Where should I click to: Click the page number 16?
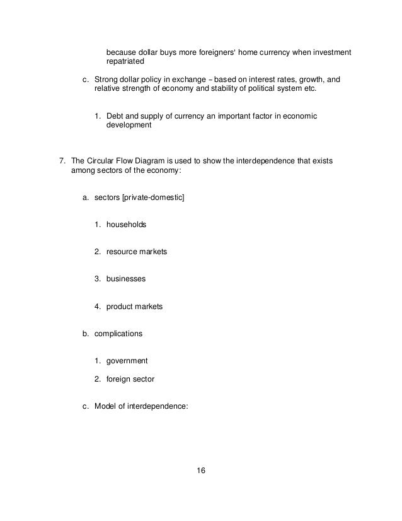tap(200, 471)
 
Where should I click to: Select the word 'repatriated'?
tap(125, 62)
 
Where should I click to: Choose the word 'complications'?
tap(118, 333)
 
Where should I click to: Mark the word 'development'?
tap(129, 125)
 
